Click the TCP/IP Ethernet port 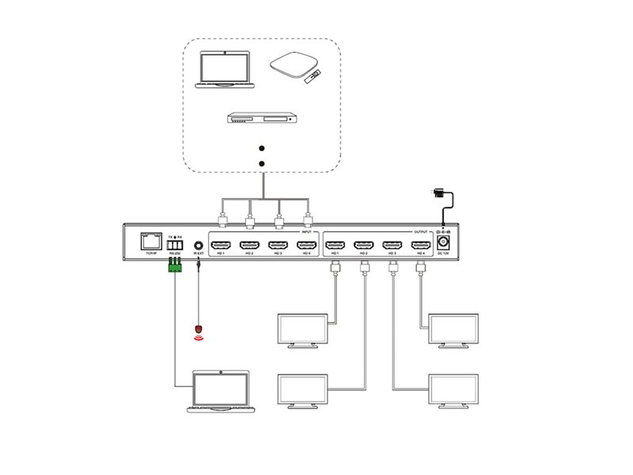(x=150, y=241)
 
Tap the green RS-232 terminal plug (x=175, y=268)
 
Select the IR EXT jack (x=198, y=244)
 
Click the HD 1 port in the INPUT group (x=222, y=245)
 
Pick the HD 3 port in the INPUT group (x=277, y=245)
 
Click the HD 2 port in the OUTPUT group (x=365, y=245)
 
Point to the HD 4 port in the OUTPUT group (x=419, y=245)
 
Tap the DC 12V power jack (x=445, y=243)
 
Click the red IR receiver (x=199, y=327)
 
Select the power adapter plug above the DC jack (x=434, y=192)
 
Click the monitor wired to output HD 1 (x=301, y=330)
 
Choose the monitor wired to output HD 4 (x=453, y=329)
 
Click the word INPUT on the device (x=305, y=232)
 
